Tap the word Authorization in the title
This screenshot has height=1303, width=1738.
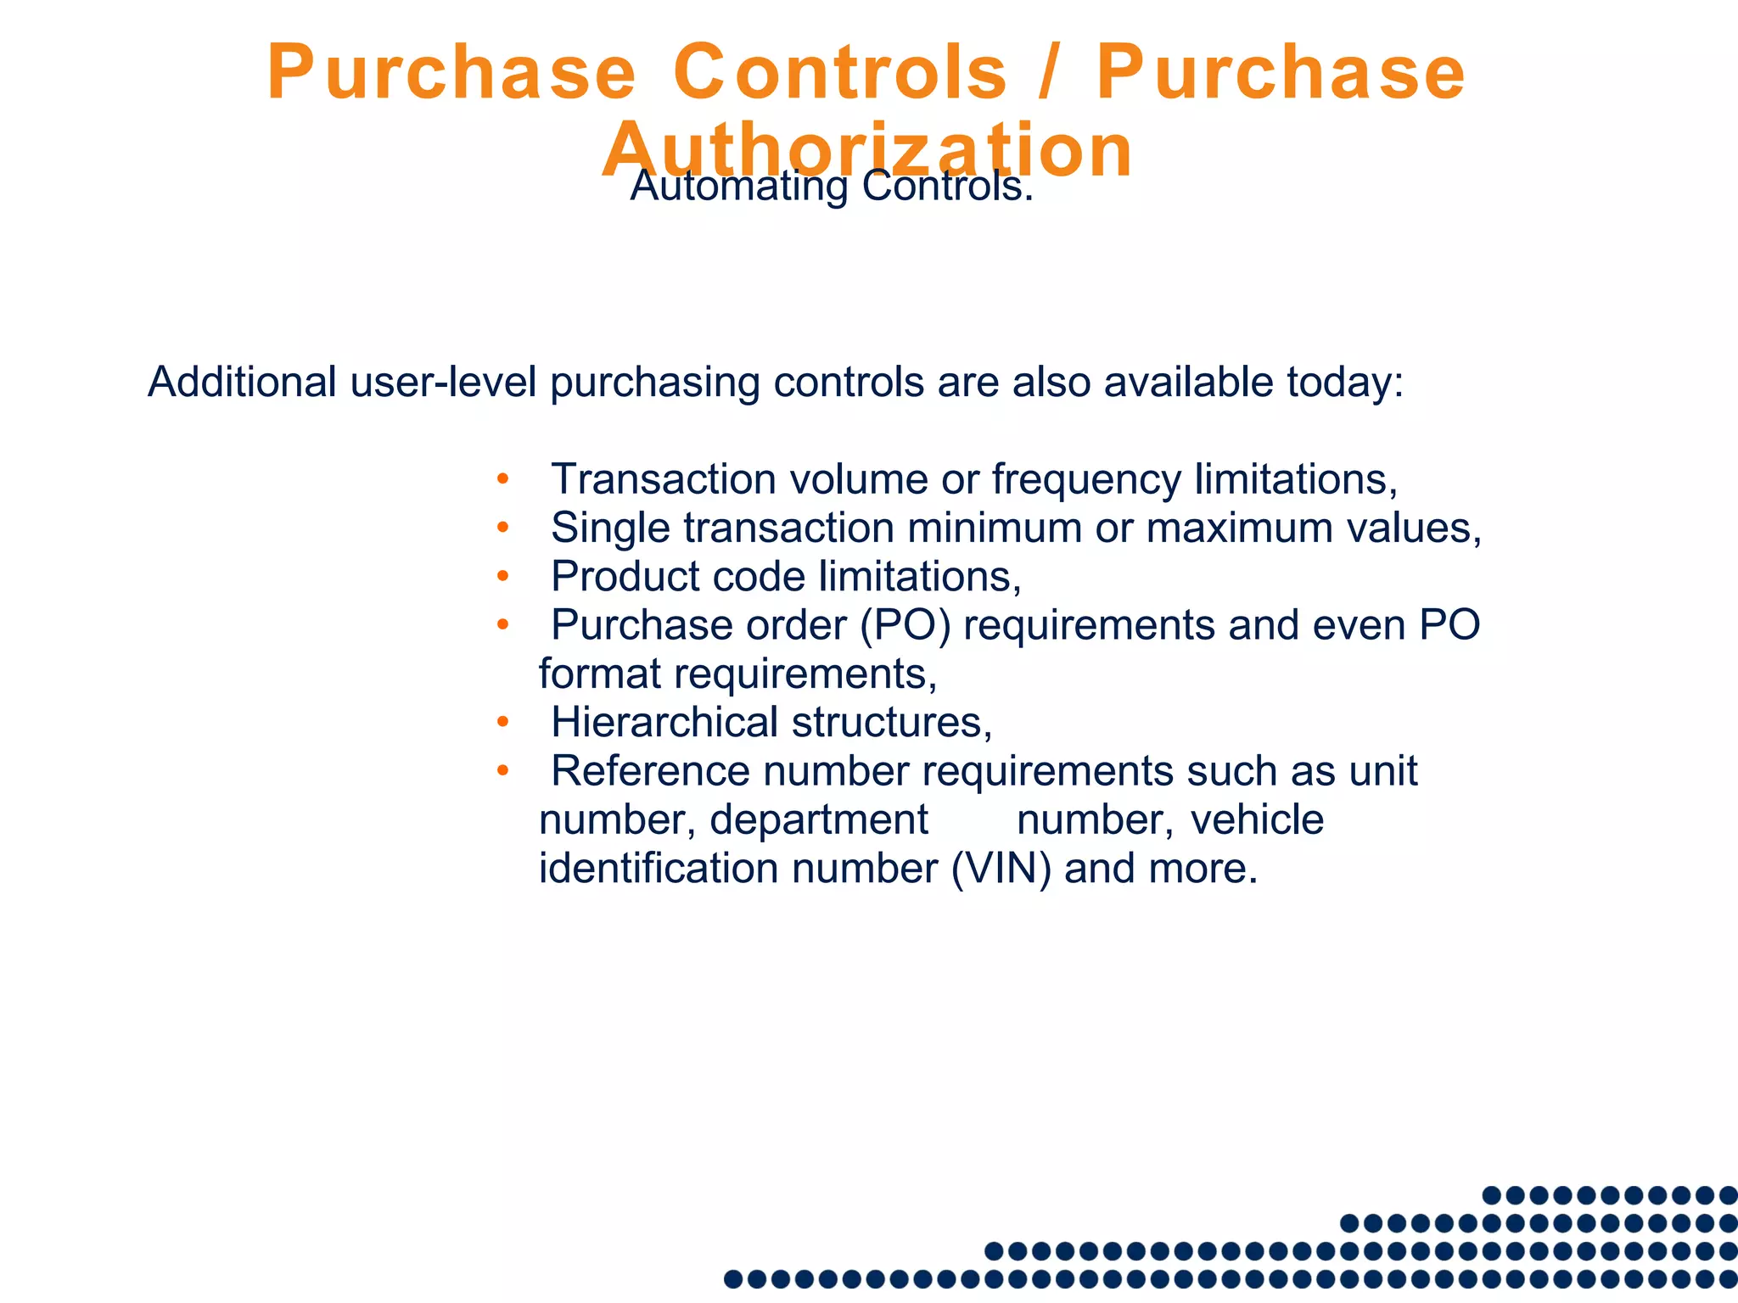[x=867, y=150]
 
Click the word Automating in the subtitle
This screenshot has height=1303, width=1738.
[x=739, y=186]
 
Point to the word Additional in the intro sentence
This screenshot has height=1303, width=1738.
[x=243, y=382]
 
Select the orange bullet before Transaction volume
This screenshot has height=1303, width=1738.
[x=502, y=478]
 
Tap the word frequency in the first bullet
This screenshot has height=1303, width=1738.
[x=1086, y=480]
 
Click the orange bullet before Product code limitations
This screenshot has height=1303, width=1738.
[x=502, y=576]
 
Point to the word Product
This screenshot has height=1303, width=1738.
[x=625, y=576]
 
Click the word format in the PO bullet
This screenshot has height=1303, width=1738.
[x=599, y=674]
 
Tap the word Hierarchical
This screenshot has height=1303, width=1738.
[x=664, y=723]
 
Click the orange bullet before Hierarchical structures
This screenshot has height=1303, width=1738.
[x=502, y=722]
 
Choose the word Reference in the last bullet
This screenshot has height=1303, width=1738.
[x=650, y=771]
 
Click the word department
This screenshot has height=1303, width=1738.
[x=818, y=820]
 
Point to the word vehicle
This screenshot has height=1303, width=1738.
[x=1257, y=820]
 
